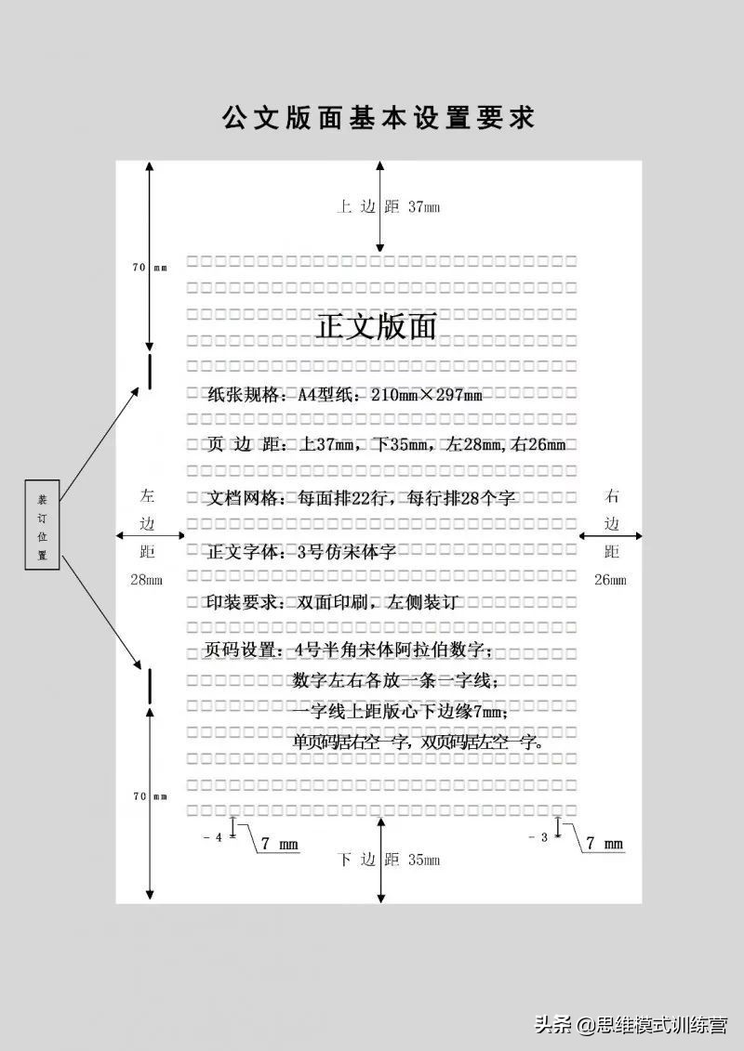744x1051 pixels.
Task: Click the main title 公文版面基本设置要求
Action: point(378,119)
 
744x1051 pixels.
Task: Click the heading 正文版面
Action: point(377,327)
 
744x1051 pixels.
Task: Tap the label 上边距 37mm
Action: point(388,207)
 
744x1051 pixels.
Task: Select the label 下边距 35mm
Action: point(388,860)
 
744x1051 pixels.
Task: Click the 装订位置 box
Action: point(42,525)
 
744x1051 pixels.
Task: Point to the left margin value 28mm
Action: point(146,580)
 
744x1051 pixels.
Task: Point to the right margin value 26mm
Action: point(610,580)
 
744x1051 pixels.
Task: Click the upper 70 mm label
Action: point(149,268)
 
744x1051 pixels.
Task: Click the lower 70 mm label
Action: point(149,796)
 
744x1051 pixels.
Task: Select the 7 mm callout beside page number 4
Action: point(279,844)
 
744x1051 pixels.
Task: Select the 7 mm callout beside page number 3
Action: point(604,844)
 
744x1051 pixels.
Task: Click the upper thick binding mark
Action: point(149,368)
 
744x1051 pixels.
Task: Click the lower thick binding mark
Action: point(149,685)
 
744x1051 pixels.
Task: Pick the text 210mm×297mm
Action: point(426,395)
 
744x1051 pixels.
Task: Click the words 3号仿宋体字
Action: point(346,551)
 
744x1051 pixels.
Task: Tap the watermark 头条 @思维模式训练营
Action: point(630,1025)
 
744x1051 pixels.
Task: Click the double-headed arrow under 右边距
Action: point(611,536)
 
